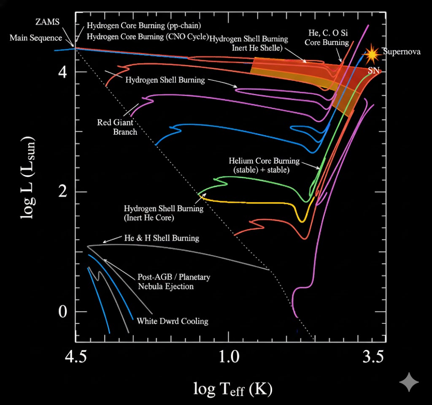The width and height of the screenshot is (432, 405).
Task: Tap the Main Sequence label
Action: point(36,38)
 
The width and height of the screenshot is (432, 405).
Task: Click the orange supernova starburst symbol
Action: point(372,53)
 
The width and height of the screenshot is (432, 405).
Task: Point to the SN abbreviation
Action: point(373,70)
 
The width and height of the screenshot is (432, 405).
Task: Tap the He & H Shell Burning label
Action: point(162,238)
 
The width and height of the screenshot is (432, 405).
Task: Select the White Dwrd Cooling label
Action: point(173,321)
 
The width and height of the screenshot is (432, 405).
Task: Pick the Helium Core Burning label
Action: point(264,165)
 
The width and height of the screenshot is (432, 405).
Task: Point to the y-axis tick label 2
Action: point(62,192)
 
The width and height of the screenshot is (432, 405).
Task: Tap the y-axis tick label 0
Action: point(62,312)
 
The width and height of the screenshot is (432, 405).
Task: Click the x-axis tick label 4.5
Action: point(78,358)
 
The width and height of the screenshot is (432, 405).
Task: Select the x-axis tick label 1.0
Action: point(228,358)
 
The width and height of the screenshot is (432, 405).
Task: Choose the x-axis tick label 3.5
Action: point(373,358)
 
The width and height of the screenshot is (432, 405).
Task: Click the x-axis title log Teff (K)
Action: point(233,389)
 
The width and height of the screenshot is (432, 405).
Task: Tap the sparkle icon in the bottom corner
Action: point(409,382)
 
